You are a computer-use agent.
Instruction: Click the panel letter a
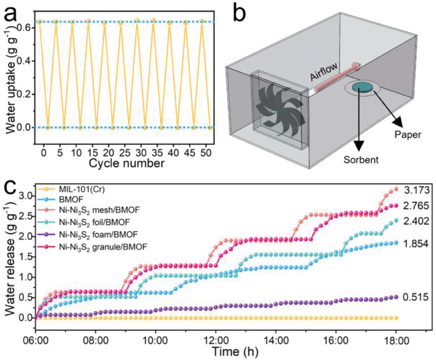[12, 17]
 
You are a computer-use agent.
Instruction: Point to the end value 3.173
[417, 190]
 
